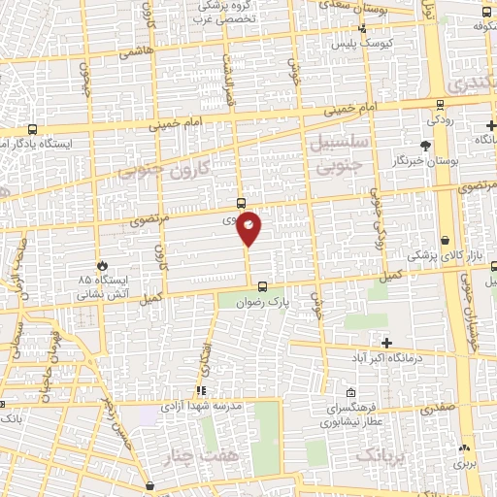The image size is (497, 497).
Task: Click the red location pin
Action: [249, 227]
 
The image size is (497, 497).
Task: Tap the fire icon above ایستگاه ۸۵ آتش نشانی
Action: [103, 265]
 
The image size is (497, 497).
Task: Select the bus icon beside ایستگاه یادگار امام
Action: [34, 129]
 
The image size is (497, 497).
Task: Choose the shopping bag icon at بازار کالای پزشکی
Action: [445, 240]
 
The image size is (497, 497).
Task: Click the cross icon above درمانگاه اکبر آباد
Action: [386, 343]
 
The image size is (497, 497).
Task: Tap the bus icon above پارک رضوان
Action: [263, 285]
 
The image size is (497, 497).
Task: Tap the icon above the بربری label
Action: [465, 447]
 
